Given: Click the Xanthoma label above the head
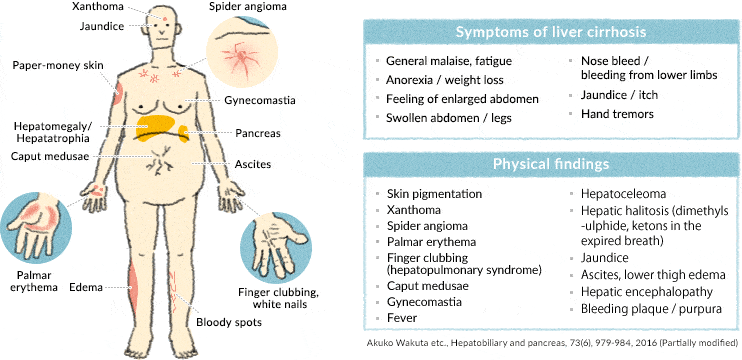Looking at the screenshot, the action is (98, 7).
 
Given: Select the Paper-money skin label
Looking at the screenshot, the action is (58, 65).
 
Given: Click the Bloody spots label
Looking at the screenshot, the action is (228, 322).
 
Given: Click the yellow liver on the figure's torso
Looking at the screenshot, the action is (160, 128).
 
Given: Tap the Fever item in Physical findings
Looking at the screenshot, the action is (402, 317).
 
